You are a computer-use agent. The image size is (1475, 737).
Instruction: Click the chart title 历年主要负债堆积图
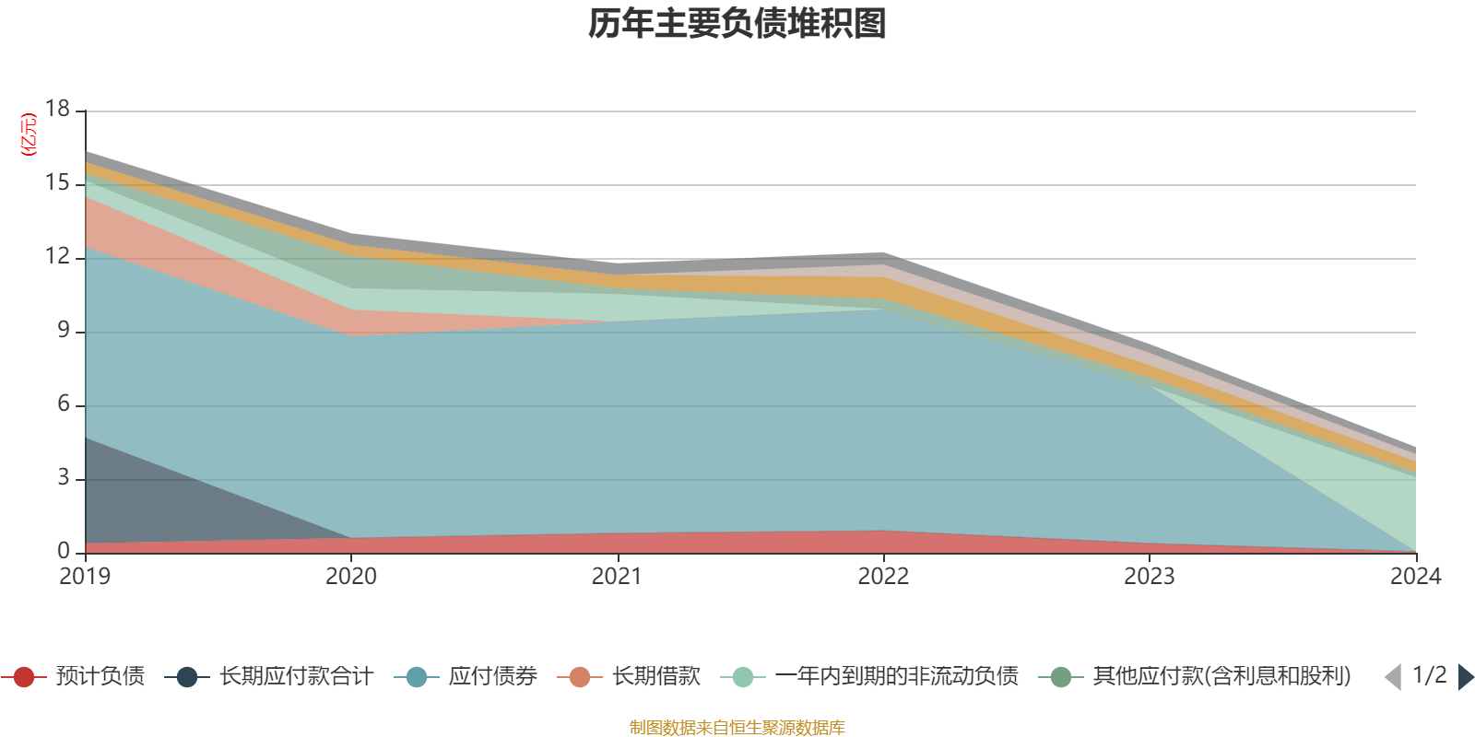pyautogui.click(x=737, y=24)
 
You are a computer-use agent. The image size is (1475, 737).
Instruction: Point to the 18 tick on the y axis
pyautogui.click(x=58, y=109)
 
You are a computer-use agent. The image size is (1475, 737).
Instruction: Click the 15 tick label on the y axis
pyautogui.click(x=58, y=182)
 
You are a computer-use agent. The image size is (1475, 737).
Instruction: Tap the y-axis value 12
pyautogui.click(x=58, y=256)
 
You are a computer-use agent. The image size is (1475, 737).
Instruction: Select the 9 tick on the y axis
pyautogui.click(x=64, y=330)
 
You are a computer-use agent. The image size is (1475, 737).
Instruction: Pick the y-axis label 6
pyautogui.click(x=64, y=404)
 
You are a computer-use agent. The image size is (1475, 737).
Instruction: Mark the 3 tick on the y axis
pyautogui.click(x=64, y=477)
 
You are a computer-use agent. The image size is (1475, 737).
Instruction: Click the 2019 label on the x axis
pyautogui.click(x=85, y=577)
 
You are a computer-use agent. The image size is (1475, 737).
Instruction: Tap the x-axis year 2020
pyautogui.click(x=351, y=577)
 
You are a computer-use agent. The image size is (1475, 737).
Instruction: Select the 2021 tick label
pyautogui.click(x=617, y=577)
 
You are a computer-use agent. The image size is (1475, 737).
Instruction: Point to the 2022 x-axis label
pyautogui.click(x=883, y=577)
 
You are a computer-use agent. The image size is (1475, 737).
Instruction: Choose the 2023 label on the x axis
pyautogui.click(x=1149, y=577)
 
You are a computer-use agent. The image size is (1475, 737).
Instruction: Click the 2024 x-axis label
pyautogui.click(x=1415, y=577)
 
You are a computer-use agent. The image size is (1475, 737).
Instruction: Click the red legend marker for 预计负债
pyautogui.click(x=24, y=677)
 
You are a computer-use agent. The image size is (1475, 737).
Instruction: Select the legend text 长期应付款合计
pyautogui.click(x=296, y=677)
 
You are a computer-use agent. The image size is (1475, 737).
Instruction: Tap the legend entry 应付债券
pyautogui.click(x=492, y=677)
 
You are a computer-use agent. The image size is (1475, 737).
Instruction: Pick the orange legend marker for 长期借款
pyautogui.click(x=580, y=677)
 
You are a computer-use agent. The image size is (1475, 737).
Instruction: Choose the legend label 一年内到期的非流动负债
pyautogui.click(x=897, y=677)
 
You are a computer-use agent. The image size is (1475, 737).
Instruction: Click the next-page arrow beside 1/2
pyautogui.click(x=1465, y=677)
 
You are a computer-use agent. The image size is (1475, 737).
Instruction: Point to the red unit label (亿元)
pyautogui.click(x=29, y=135)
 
